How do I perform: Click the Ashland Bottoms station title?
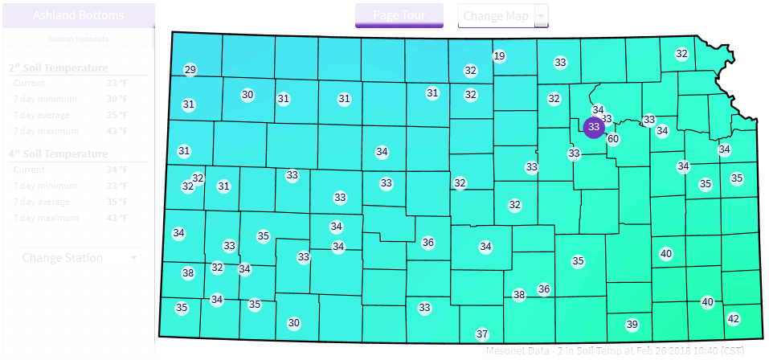(79, 15)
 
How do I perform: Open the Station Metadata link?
(79, 39)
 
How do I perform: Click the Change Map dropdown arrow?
(542, 15)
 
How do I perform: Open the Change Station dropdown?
(79, 258)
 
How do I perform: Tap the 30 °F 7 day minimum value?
(117, 99)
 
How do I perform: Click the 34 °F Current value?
(117, 170)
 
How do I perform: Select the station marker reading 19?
(499, 56)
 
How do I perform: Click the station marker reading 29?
(190, 70)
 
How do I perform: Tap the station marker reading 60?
(613, 139)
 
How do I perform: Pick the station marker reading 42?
(733, 319)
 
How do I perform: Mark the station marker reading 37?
(482, 333)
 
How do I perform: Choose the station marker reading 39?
(632, 325)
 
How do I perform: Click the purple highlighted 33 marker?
(594, 127)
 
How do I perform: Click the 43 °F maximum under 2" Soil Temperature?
(117, 131)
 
